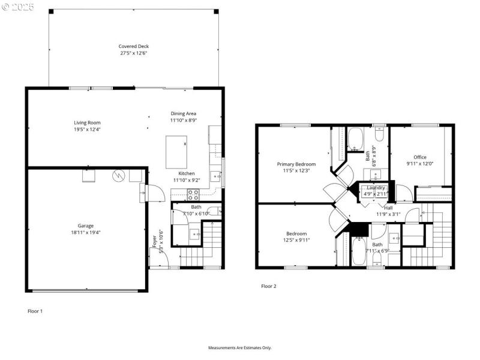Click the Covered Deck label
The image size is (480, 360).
coord(133,46)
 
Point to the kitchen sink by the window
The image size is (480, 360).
coord(215,175)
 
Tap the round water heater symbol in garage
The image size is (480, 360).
coord(119,175)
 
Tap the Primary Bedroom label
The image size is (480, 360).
coord(296,164)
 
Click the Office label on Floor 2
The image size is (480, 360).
coord(419,157)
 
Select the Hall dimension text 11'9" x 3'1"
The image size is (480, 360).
coord(388,214)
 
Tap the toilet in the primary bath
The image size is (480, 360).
coord(379,133)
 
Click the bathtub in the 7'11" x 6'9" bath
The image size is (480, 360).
coord(358,251)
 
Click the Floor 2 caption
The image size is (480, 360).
coord(268,286)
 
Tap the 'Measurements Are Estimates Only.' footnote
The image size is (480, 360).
coord(239,348)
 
